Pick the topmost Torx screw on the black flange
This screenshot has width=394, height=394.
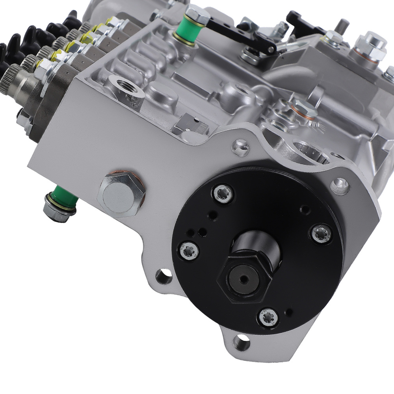click(223, 193)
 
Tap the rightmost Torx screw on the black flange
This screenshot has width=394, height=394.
click(322, 234)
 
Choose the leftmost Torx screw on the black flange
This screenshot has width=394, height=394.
click(189, 251)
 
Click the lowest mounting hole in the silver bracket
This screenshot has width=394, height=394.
click(241, 342)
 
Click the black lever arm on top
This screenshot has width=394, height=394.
click(244, 33)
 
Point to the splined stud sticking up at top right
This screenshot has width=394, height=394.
click(341, 26)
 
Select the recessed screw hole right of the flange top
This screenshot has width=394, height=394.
click(339, 185)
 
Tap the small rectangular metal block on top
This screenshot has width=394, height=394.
click(191, 124)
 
